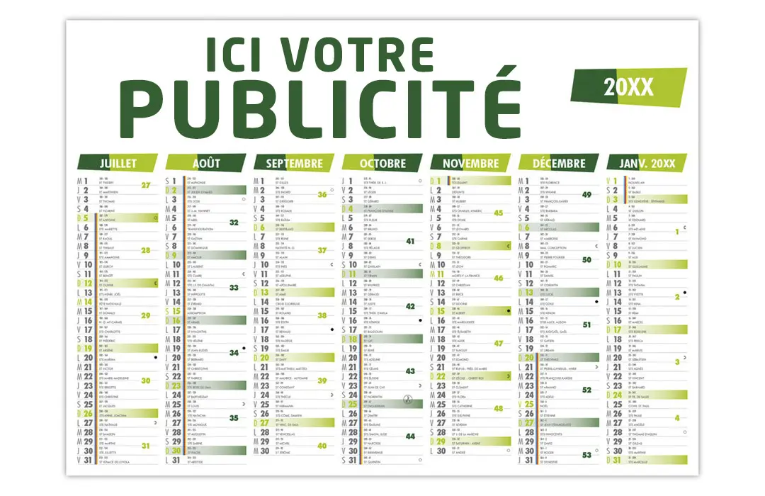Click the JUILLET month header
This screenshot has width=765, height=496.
[x=118, y=163]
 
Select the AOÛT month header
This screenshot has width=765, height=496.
[x=206, y=163]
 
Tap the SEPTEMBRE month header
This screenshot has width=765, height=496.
[x=294, y=163]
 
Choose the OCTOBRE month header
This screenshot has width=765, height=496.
[x=382, y=163]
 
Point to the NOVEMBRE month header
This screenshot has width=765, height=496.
[x=470, y=163]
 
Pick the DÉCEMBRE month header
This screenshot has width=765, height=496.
[x=559, y=163]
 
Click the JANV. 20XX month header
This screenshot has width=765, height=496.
[x=647, y=163]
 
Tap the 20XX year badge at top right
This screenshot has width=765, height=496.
[x=628, y=87]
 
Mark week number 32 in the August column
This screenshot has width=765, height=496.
[x=234, y=222]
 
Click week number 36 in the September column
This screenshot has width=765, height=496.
[x=322, y=194]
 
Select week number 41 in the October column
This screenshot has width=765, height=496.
[x=410, y=241]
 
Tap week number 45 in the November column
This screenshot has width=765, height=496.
[x=499, y=213]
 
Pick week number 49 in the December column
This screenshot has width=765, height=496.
[x=586, y=194]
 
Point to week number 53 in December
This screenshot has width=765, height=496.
[x=586, y=455]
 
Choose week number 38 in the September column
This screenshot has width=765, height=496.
[x=322, y=315]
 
